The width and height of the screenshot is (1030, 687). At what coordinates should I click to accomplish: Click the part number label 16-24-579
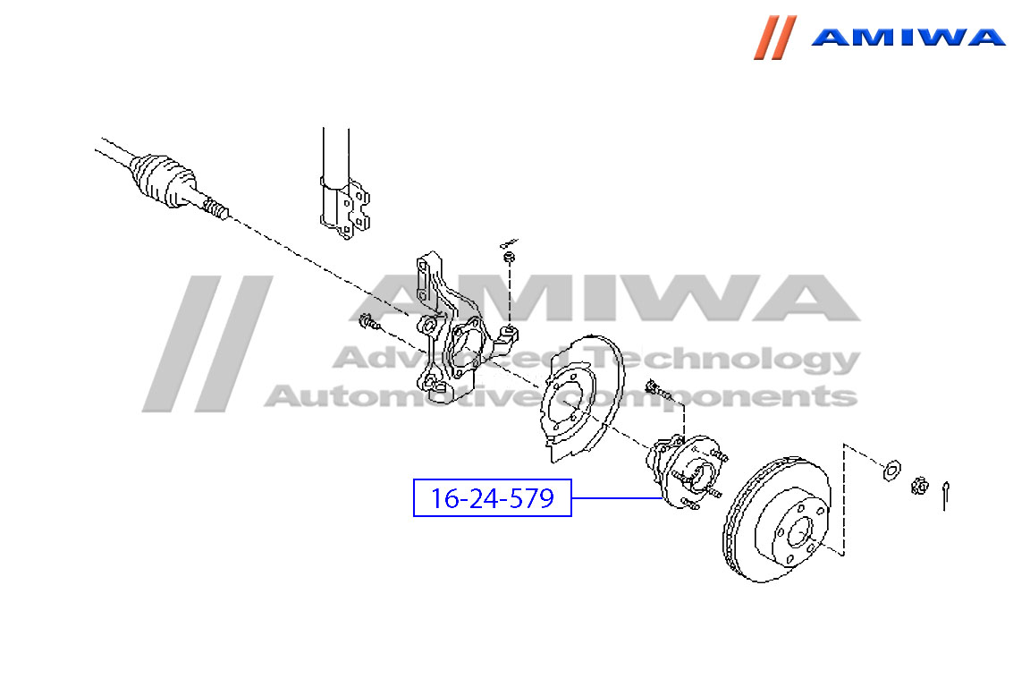click(492, 498)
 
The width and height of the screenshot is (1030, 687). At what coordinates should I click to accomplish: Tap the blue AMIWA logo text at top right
click(908, 37)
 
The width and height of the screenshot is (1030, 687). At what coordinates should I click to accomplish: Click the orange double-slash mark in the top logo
click(775, 38)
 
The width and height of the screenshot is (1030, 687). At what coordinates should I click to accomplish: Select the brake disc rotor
click(777, 520)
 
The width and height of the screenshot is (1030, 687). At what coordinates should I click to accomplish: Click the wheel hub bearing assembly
click(687, 471)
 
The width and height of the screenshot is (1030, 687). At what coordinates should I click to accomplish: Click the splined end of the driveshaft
click(215, 208)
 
